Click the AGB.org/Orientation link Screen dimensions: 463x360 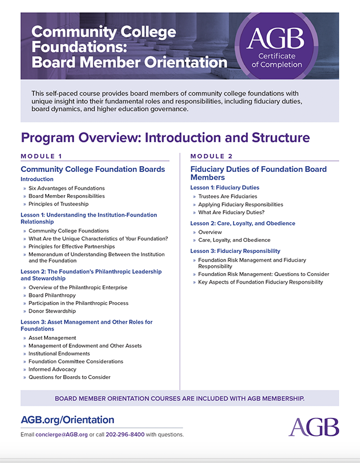(68, 420)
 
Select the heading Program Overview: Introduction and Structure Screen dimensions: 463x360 (166, 138)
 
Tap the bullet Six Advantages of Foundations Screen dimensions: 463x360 (67, 188)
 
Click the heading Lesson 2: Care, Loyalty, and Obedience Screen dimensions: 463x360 (243, 223)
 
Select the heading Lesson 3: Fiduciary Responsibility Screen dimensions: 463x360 (235, 251)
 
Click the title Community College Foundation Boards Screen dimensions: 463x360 (93, 169)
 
